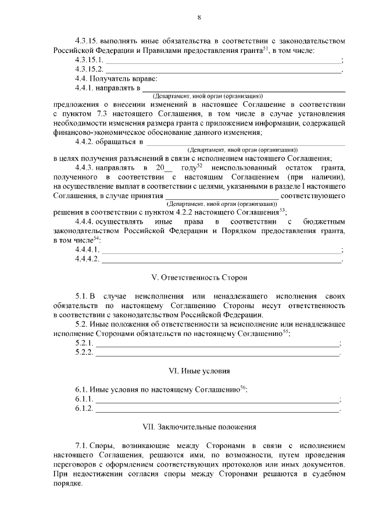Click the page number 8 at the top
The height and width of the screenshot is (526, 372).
pyautogui.click(x=199, y=17)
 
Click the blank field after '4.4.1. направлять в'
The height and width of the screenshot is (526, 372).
pyautogui.click(x=244, y=89)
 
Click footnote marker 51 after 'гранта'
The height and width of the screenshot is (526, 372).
pyautogui.click(x=264, y=48)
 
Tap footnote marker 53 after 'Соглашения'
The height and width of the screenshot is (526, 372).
pyautogui.click(x=282, y=210)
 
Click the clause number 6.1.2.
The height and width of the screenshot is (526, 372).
pyautogui.click(x=84, y=409)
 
